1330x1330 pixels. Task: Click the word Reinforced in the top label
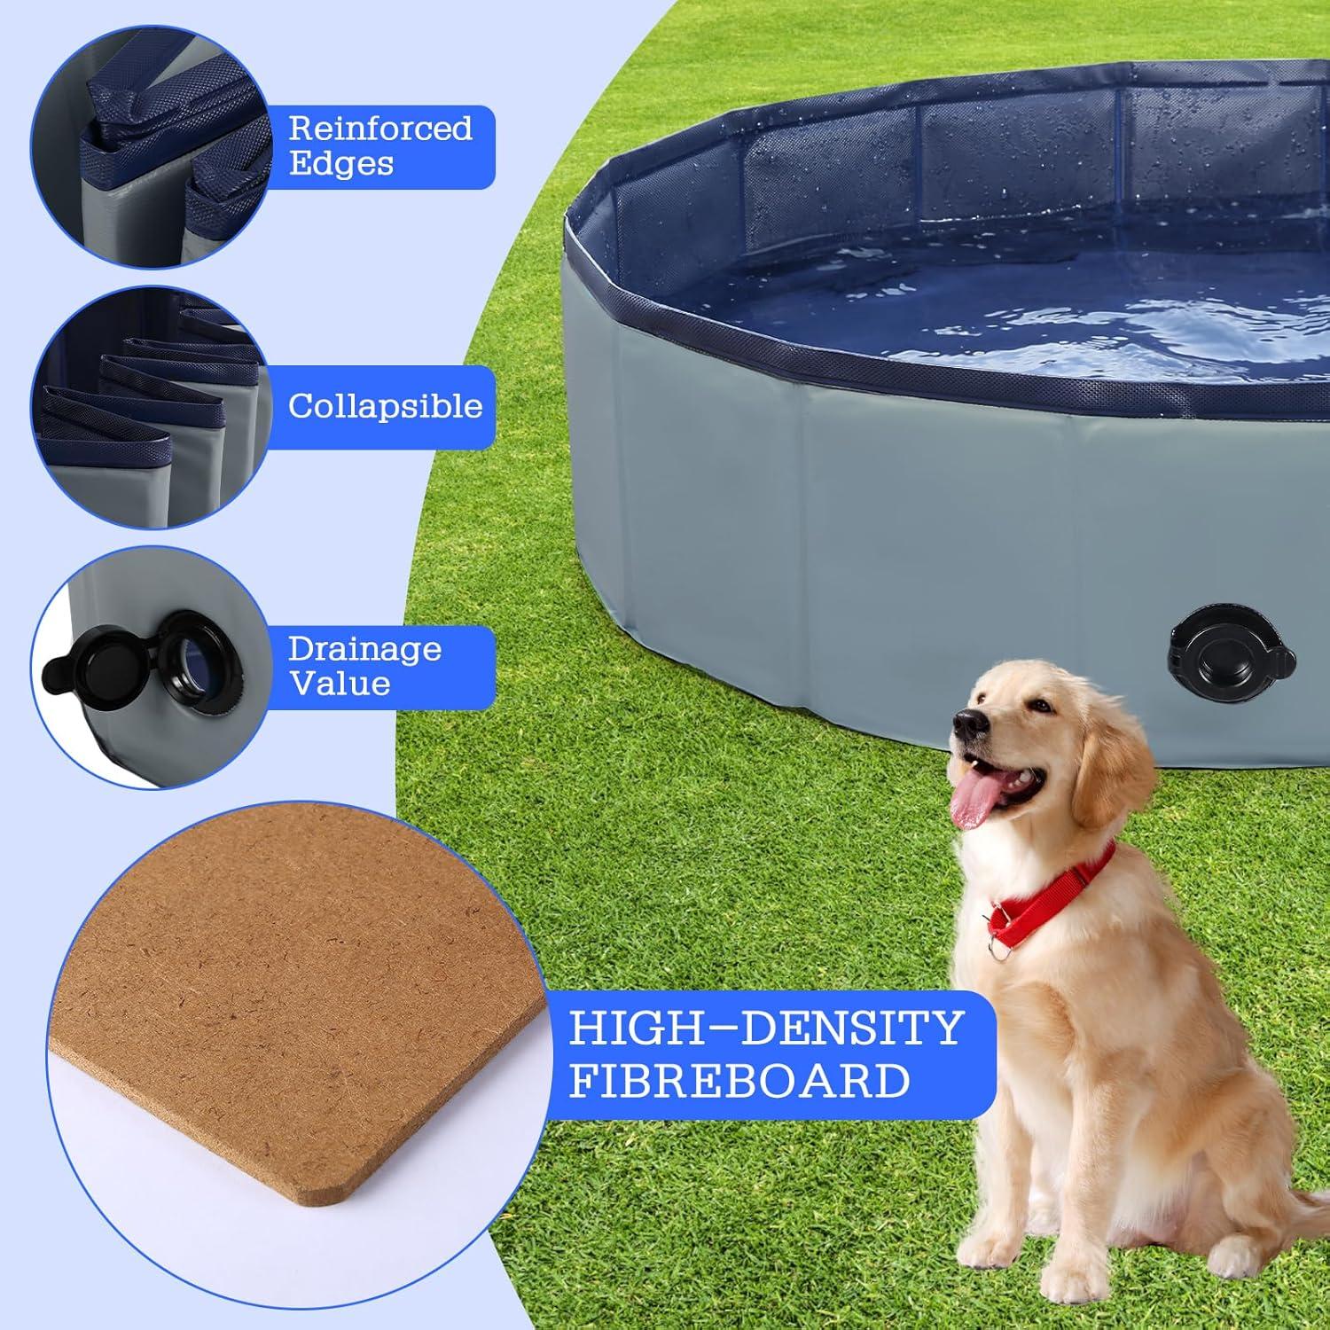point(380,129)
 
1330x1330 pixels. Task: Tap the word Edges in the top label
point(341,164)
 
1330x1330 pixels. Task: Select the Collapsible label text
point(385,406)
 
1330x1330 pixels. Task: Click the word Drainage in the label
point(364,649)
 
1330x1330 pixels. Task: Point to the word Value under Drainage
point(340,684)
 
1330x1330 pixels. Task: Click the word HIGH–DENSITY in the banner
point(765,1029)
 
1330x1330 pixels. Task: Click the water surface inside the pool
point(1020,293)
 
